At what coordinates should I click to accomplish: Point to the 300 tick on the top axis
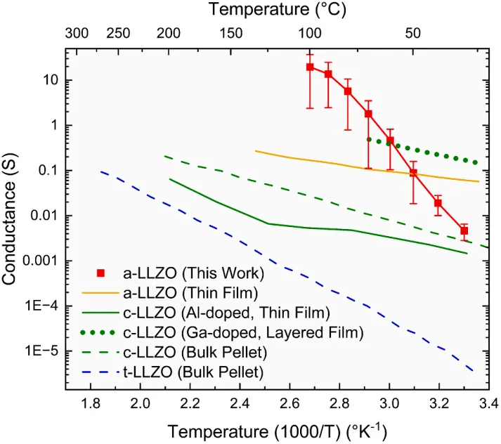[x=77, y=33]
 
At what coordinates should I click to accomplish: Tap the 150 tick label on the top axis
[x=230, y=33]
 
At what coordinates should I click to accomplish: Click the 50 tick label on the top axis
[x=412, y=33]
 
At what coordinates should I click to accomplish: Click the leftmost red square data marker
[x=310, y=67]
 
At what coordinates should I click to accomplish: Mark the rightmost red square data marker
[x=464, y=230]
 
